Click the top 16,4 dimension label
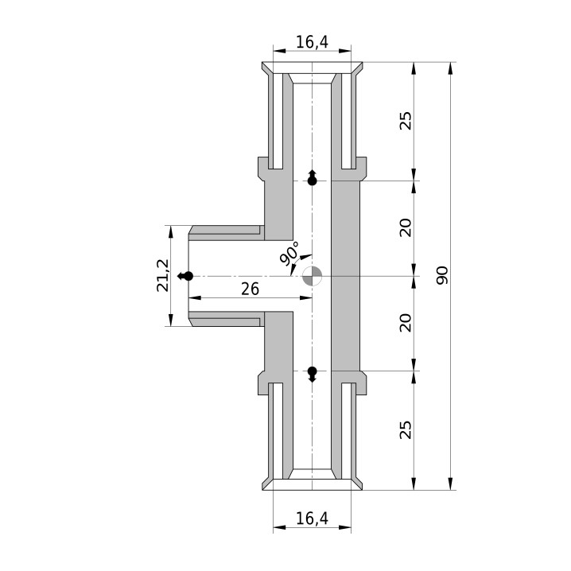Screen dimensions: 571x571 pyautogui.click(x=312, y=42)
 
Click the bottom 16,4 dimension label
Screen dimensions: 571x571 pyautogui.click(x=312, y=519)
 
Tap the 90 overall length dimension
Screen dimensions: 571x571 pyautogui.click(x=442, y=275)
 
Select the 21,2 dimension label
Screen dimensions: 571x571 pyautogui.click(x=163, y=275)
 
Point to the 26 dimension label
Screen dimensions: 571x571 pyautogui.click(x=251, y=289)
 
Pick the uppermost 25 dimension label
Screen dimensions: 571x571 pyautogui.click(x=406, y=121)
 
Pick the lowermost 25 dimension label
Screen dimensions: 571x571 pyautogui.click(x=406, y=429)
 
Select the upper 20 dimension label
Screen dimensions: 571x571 pyautogui.click(x=406, y=228)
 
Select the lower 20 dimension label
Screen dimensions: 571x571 pyautogui.click(x=406, y=323)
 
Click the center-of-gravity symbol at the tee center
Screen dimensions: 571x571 pyautogui.click(x=312, y=276)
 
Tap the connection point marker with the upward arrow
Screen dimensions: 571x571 pyautogui.click(x=312, y=177)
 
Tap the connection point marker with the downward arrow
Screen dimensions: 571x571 pyautogui.click(x=312, y=375)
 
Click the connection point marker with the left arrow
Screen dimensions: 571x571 pyautogui.click(x=185, y=277)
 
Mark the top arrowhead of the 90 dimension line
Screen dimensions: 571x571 pyautogui.click(x=451, y=69)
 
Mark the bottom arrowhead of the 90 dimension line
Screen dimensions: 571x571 pyautogui.click(x=451, y=483)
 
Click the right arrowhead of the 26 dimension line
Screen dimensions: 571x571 pyautogui.click(x=305, y=298)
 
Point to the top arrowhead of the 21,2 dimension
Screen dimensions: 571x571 pyautogui.click(x=170, y=232)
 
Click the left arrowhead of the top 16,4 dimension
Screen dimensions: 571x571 pyautogui.click(x=280, y=51)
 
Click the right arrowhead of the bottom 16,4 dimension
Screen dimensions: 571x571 pyautogui.click(x=344, y=527)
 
